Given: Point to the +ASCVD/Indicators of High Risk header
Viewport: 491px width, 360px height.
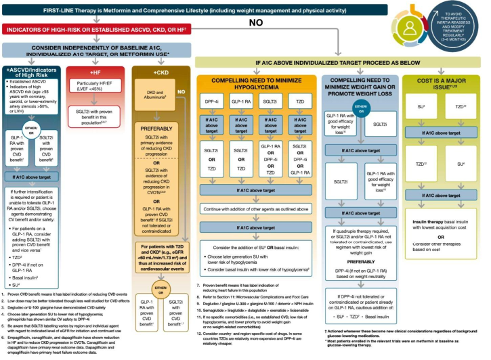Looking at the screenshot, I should pyautogui.click(x=33, y=72).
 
